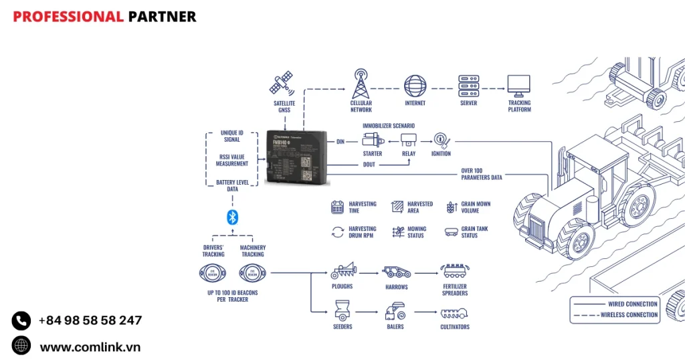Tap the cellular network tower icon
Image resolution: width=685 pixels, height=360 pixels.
tap(361, 84)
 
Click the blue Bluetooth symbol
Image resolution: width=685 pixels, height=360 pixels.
tap(232, 217)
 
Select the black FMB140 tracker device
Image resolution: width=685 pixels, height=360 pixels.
tap(297, 158)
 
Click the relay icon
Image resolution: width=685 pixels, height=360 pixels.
tap(409, 141)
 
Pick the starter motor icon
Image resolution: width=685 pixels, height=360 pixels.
tap(372, 141)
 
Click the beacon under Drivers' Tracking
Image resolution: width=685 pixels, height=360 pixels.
tap(213, 273)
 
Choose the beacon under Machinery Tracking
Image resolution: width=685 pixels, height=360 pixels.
tap(252, 273)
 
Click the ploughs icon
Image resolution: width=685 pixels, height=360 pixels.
tap(342, 272)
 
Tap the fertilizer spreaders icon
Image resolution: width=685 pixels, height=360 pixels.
tap(454, 272)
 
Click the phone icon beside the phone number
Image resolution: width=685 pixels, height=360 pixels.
tap(21, 321)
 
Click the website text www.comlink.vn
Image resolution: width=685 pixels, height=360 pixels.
tap(90, 347)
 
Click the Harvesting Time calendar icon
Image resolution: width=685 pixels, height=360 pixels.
tap(338, 207)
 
